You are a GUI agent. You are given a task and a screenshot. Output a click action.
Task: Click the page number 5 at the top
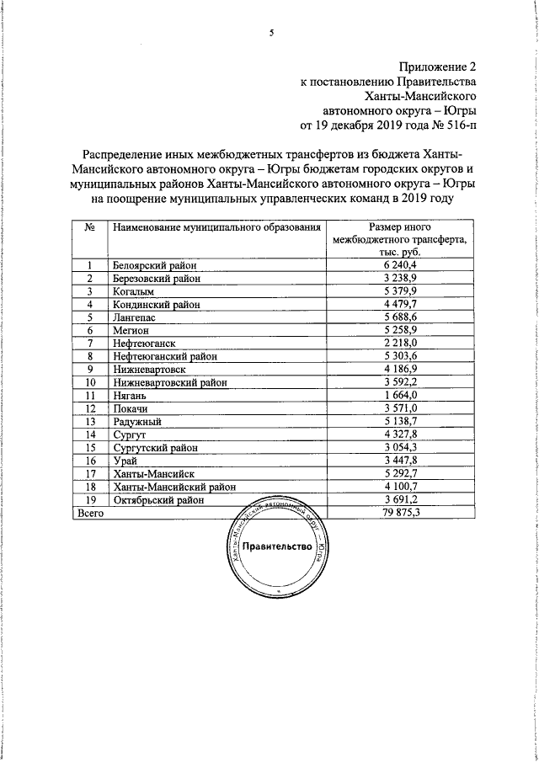tap(271, 33)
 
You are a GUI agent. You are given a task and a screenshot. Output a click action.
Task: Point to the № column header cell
tap(88, 227)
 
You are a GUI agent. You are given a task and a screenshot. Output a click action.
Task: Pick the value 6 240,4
tap(400, 264)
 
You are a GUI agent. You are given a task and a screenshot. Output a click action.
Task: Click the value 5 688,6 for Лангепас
tap(400, 318)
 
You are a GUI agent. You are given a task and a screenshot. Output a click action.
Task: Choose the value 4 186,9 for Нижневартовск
tap(400, 369)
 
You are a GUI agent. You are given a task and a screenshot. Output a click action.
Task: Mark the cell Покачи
tap(131, 409)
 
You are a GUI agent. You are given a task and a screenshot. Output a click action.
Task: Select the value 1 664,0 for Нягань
tap(400, 396)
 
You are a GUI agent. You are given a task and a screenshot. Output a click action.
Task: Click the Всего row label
tap(91, 512)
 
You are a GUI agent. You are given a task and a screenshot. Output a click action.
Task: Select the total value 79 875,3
tap(400, 512)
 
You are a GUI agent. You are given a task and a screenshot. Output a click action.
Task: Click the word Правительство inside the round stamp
tap(277, 546)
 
